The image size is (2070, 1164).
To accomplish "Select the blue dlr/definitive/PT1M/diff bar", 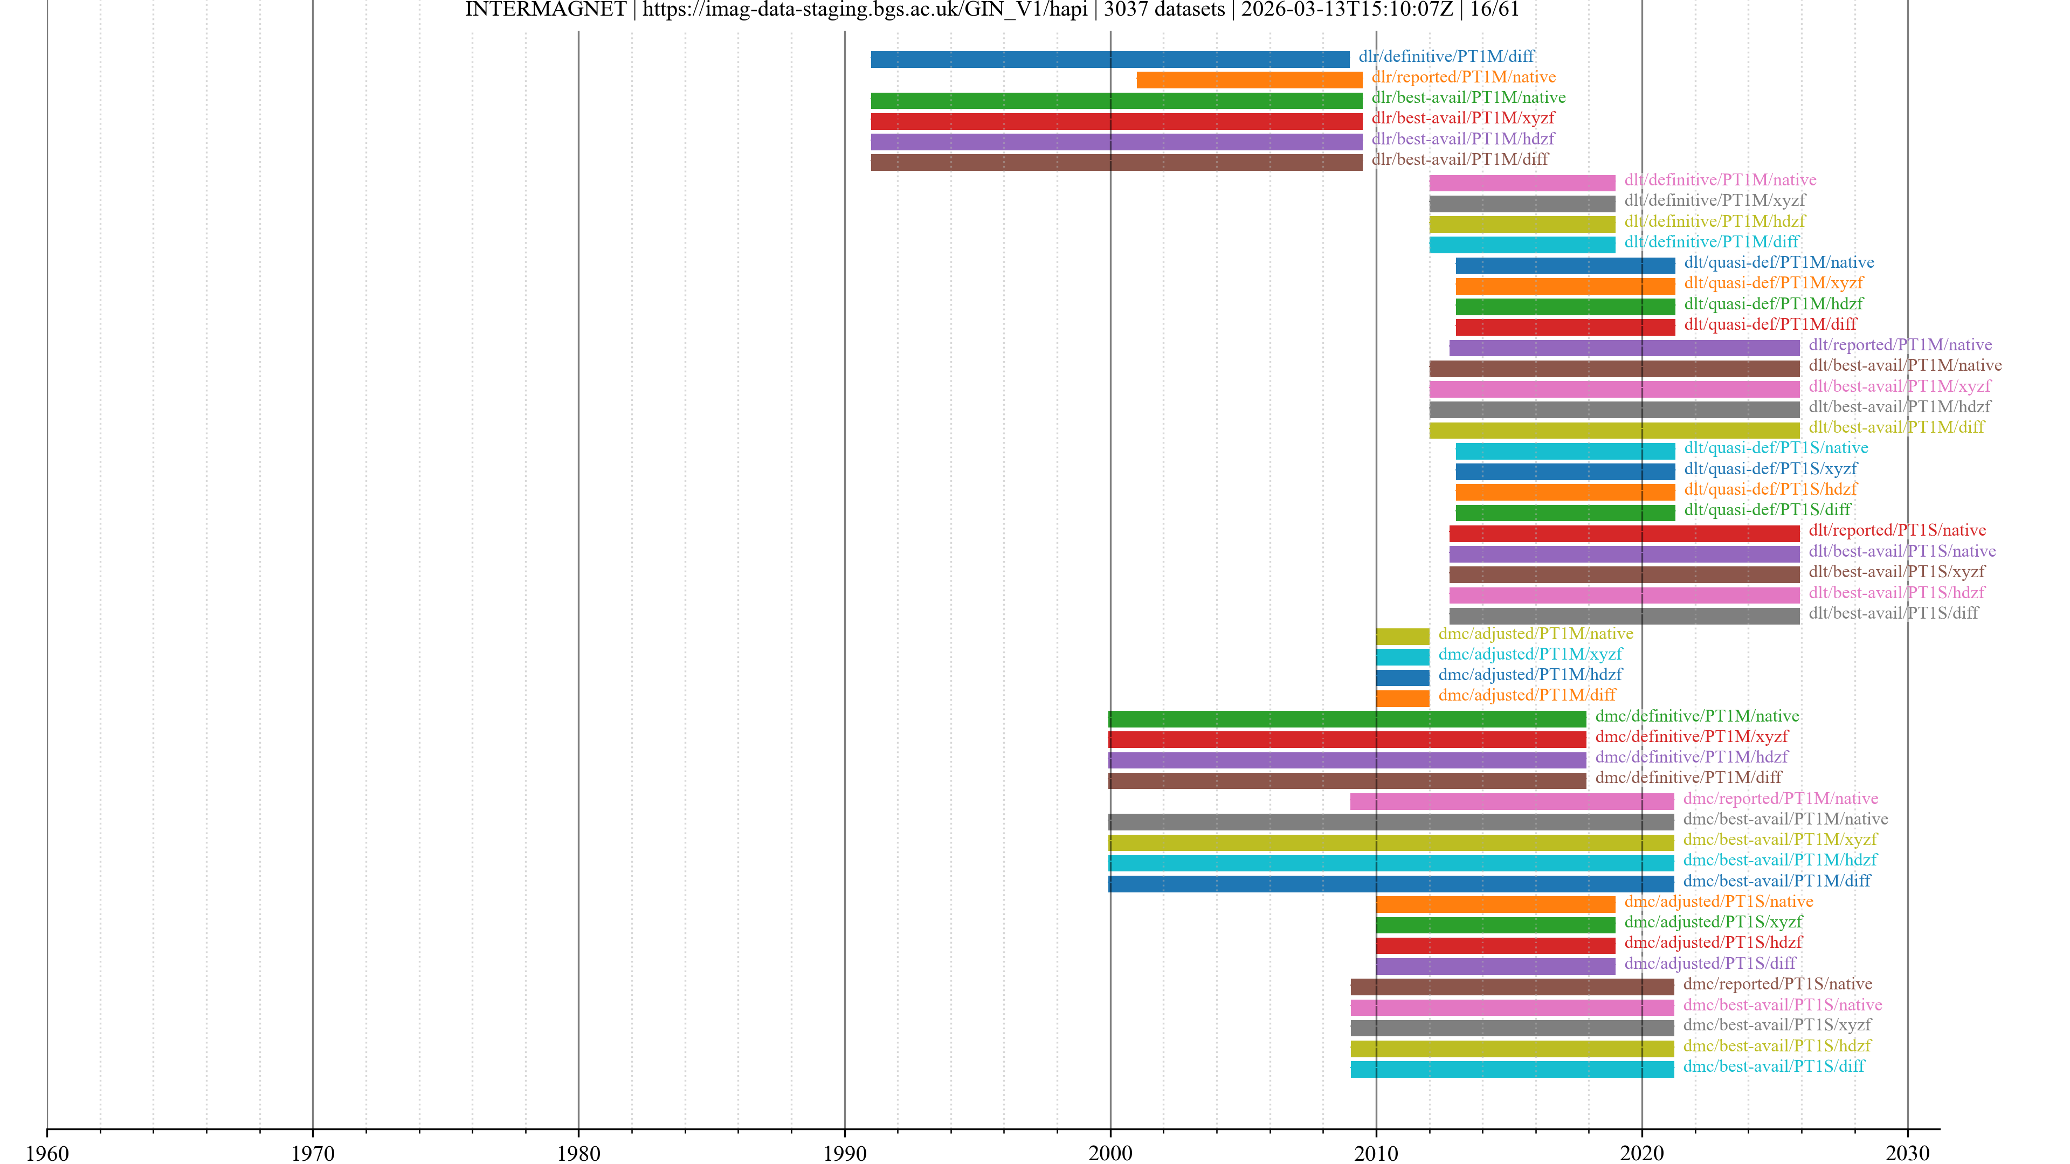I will (1110, 59).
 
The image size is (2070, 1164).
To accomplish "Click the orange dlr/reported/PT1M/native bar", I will (1249, 80).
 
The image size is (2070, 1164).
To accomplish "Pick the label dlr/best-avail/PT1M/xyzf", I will (1462, 118).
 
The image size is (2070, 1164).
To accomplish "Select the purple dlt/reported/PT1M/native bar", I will (1624, 348).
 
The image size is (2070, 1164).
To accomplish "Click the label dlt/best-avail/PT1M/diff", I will (1896, 427).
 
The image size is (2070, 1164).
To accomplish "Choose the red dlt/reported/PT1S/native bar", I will (1624, 533).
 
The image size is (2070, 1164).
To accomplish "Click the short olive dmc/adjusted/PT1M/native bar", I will (1402, 636).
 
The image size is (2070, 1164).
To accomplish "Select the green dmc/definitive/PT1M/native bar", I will (1347, 719).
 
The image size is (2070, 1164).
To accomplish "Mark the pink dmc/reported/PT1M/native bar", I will (1512, 801).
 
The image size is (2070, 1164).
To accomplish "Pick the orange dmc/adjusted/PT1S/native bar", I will (1495, 905).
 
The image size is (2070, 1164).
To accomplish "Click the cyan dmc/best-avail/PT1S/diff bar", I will (1512, 1069).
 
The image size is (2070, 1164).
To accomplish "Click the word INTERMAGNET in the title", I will (545, 10).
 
